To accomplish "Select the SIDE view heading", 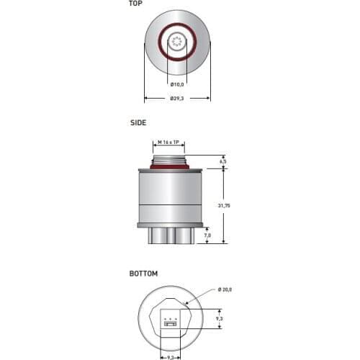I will click(138, 123).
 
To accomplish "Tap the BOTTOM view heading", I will click(143, 274).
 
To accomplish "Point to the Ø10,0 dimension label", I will click(177, 84).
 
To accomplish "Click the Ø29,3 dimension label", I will click(177, 98).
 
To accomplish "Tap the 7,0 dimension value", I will click(207, 235).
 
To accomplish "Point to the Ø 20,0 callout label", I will click(226, 289).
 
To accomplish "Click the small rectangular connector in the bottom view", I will click(171, 324).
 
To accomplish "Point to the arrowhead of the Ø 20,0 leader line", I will click(188, 302).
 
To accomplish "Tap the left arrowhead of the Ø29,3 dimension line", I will click(146, 98).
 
